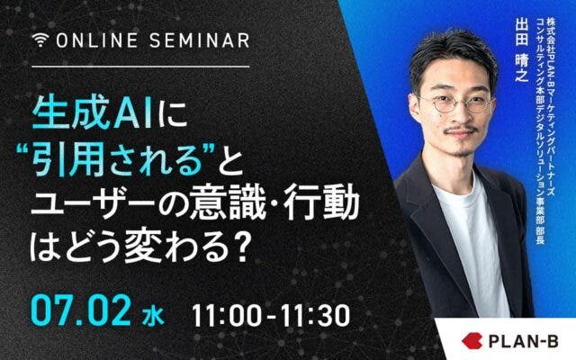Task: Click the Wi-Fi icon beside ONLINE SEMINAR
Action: (x=40, y=40)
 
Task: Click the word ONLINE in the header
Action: (x=97, y=40)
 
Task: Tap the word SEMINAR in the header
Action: (x=200, y=40)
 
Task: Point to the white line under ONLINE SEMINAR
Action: (x=140, y=67)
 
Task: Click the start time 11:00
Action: (x=227, y=316)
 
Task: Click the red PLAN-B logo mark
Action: (x=472, y=340)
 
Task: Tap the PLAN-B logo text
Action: (x=524, y=341)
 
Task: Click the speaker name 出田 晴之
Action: (x=522, y=50)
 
